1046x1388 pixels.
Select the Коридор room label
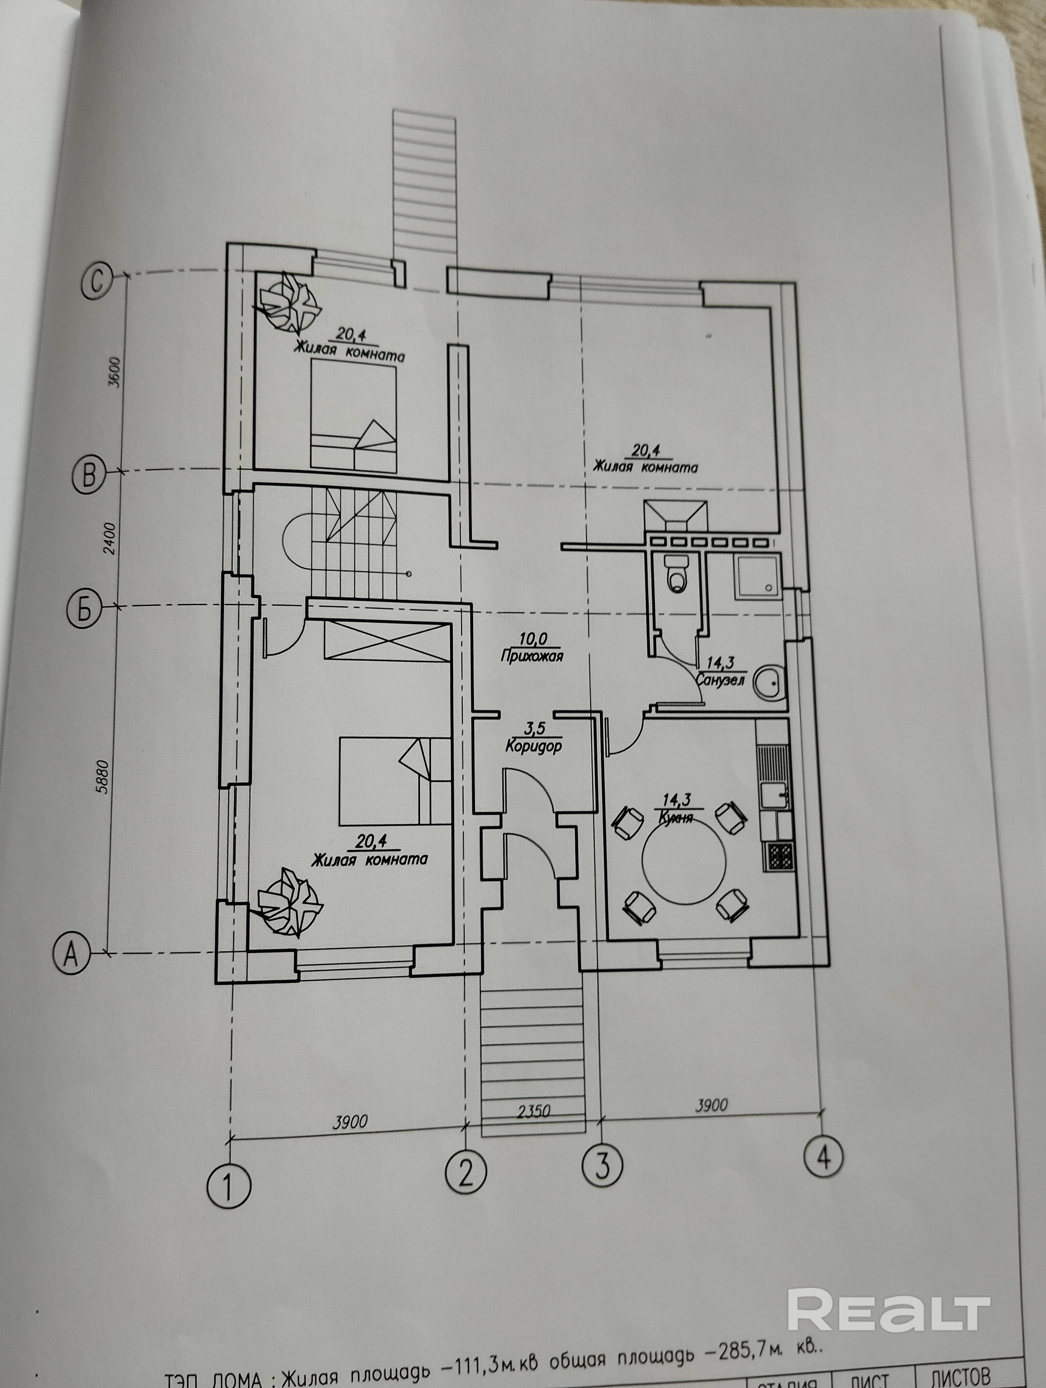(x=533, y=747)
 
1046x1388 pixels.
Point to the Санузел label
(x=720, y=680)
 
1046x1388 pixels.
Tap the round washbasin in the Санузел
(x=768, y=682)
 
